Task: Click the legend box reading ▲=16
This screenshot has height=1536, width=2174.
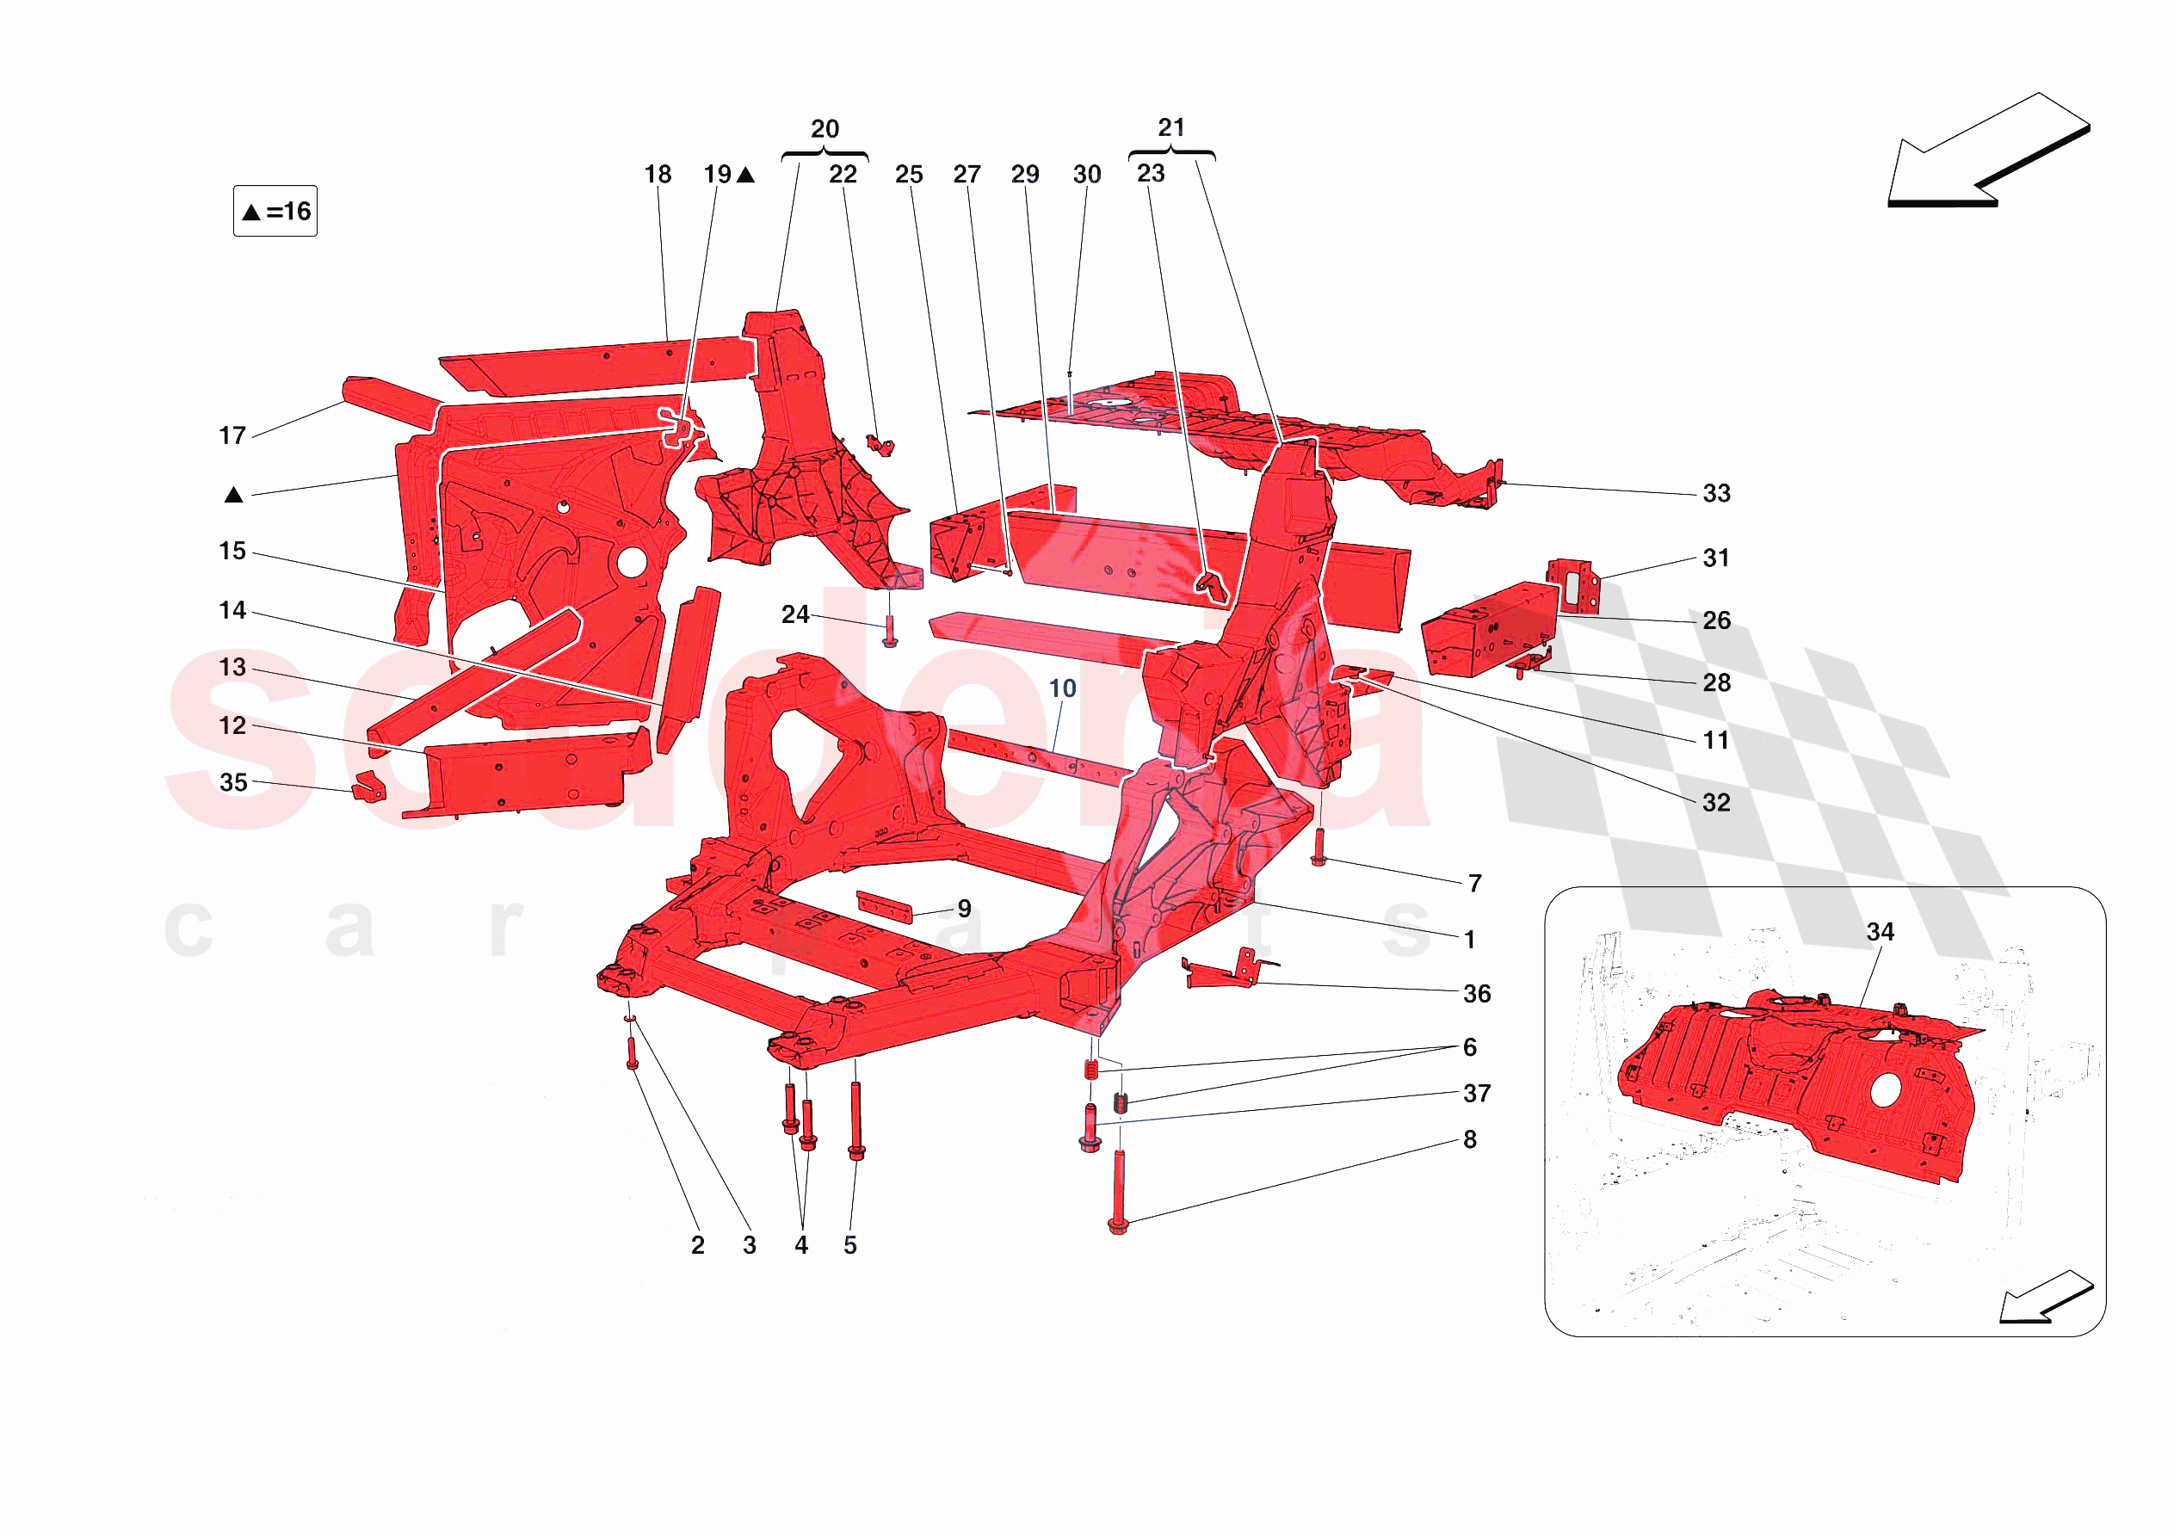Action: click(275, 211)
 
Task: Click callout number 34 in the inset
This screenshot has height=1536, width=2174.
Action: click(1880, 932)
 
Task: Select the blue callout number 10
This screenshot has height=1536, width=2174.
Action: click(1062, 688)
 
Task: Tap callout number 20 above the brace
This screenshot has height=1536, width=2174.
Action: click(825, 129)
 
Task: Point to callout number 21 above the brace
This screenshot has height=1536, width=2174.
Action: click(1171, 126)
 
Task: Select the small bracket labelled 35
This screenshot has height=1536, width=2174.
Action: click(369, 787)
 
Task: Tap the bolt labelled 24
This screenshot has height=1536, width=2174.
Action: click(890, 631)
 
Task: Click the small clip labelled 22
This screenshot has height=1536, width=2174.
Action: click(880, 445)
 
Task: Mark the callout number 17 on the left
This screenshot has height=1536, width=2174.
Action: click(232, 435)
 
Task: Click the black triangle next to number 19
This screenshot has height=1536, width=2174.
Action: click(746, 176)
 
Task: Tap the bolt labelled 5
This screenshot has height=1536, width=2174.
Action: click(856, 1121)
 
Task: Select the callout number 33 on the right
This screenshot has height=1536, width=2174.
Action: click(1716, 493)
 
